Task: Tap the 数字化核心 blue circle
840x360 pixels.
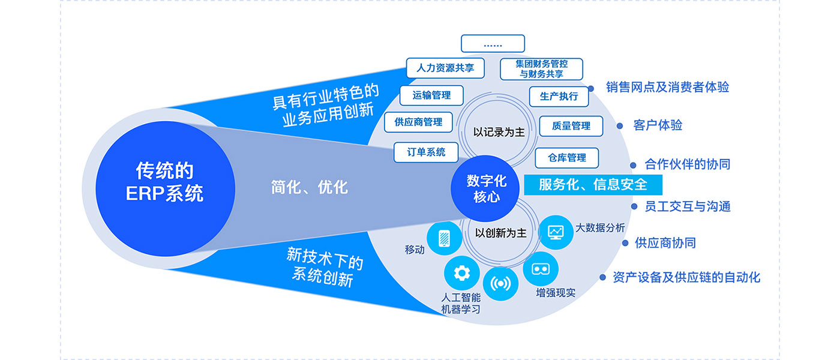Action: click(486, 188)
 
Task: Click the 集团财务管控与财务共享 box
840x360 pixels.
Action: click(541, 69)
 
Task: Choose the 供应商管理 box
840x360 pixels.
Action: click(418, 122)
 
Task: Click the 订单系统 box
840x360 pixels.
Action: click(426, 152)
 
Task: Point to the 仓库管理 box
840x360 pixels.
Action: click(567, 158)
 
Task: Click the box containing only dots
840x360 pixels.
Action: click(493, 44)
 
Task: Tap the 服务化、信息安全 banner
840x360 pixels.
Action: click(593, 184)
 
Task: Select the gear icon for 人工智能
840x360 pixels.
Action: click(461, 273)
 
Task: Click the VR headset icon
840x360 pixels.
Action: click(541, 268)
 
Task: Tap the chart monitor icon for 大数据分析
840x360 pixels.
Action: click(556, 232)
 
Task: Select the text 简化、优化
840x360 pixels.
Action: click(309, 187)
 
